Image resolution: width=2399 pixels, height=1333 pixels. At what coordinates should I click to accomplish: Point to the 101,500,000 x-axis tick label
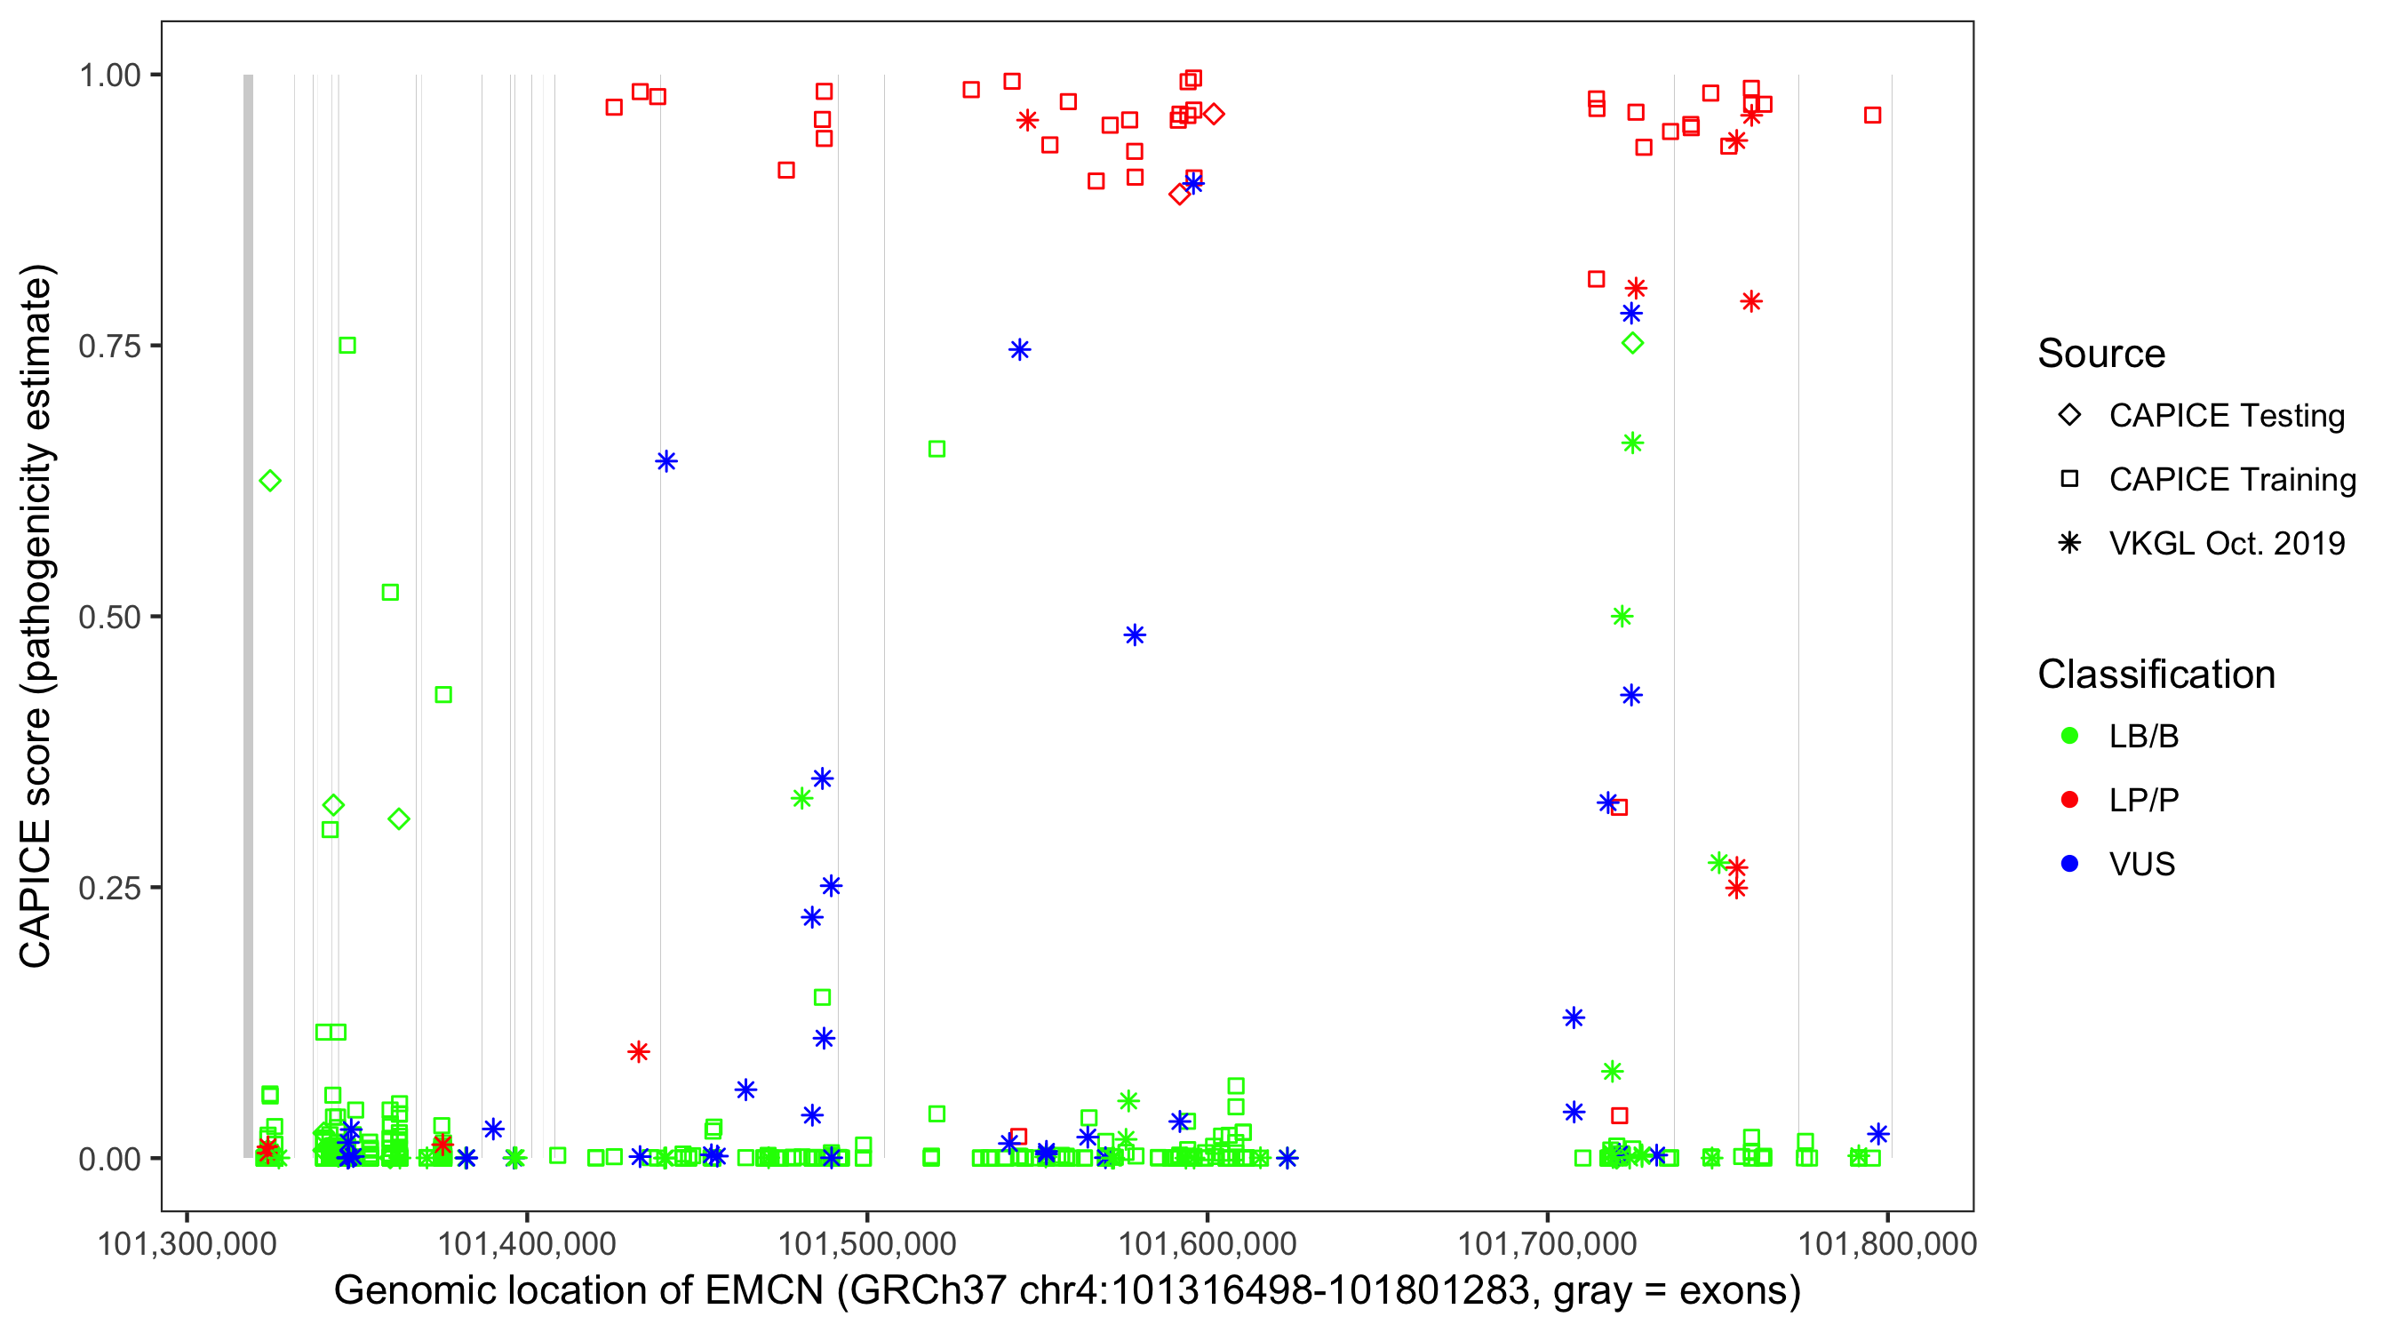click(x=866, y=1243)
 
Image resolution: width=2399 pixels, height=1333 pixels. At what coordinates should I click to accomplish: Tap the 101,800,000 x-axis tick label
click(x=1887, y=1243)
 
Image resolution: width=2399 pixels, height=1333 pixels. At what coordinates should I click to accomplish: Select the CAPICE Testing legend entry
click(x=2226, y=416)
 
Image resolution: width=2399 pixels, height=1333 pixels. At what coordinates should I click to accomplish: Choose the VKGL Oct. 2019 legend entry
click(x=2226, y=543)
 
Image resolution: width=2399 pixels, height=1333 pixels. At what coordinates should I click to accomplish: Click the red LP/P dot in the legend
click(x=2069, y=800)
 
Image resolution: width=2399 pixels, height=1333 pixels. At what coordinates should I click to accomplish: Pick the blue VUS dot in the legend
click(x=2069, y=864)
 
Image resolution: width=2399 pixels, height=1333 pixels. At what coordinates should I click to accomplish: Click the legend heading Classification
click(x=2156, y=674)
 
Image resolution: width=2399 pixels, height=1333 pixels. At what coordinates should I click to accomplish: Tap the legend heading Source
click(x=2101, y=354)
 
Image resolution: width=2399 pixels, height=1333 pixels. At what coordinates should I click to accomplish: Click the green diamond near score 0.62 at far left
click(x=270, y=481)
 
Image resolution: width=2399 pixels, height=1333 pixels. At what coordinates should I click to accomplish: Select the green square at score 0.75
click(x=347, y=346)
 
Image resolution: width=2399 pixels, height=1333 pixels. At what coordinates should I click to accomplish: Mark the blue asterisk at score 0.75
click(x=1020, y=350)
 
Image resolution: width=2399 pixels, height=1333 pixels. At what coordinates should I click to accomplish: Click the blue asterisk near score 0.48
click(x=1135, y=635)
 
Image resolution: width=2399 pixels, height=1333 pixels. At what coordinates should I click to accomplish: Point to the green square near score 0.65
click(x=936, y=449)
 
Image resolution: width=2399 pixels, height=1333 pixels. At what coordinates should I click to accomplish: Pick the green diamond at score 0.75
click(x=1632, y=344)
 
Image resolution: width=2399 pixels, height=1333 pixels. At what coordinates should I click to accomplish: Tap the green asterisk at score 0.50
click(x=1622, y=617)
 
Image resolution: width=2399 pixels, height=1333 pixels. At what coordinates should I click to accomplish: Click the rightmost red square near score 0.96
click(x=1873, y=116)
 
